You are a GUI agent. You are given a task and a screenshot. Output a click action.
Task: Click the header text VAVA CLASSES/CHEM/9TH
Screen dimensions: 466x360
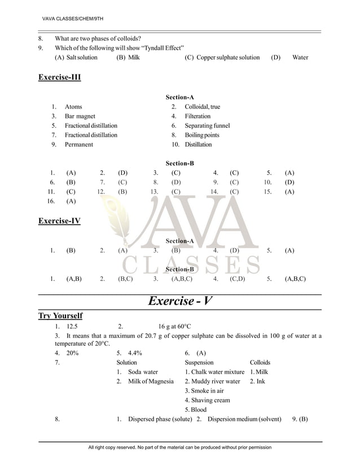pyautogui.click(x=69, y=20)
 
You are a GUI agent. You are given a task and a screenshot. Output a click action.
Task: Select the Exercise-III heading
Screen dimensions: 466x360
pyautogui.click(x=59, y=77)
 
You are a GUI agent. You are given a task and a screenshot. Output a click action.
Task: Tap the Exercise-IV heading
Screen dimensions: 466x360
pyautogui.click(x=59, y=221)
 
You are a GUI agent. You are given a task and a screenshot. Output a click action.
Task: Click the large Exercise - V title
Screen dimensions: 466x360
pyautogui.click(x=180, y=301)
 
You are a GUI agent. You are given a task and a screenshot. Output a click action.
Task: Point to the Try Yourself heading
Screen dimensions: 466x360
pyautogui.click(x=60, y=315)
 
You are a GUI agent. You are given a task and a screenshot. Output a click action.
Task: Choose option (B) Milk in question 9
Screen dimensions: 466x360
pyautogui.click(x=128, y=58)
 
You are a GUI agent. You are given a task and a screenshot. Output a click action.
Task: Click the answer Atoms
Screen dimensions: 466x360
pyautogui.click(x=73, y=107)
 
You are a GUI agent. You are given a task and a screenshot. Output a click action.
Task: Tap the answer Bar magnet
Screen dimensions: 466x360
pyautogui.click(x=80, y=116)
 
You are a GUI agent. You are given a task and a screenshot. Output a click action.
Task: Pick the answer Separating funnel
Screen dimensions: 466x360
pyautogui.click(x=207, y=126)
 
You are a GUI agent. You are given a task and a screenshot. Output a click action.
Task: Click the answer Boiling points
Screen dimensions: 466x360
pyautogui.click(x=202, y=135)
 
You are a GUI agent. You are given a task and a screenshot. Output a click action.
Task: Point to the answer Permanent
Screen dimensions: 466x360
pyautogui.click(x=79, y=145)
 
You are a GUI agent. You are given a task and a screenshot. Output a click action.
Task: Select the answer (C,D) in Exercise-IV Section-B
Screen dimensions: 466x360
pyautogui.click(x=237, y=279)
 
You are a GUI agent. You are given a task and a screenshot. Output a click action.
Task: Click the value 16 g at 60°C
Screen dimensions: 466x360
pyautogui.click(x=174, y=327)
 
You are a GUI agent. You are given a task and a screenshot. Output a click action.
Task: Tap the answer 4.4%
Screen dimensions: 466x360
pyautogui.click(x=135, y=353)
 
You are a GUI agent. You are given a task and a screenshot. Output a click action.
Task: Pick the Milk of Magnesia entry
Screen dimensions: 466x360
pyautogui.click(x=151, y=382)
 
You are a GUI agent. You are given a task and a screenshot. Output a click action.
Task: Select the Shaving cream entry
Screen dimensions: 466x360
pyautogui.click(x=207, y=401)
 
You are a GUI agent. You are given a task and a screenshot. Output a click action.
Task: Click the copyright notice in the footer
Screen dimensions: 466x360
pyautogui.click(x=180, y=447)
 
